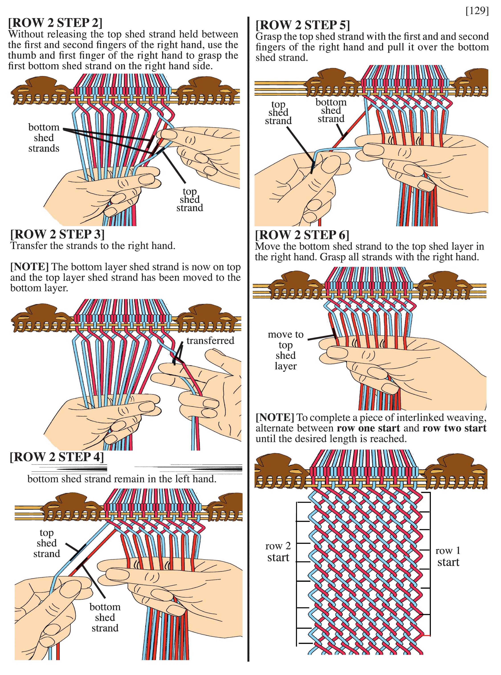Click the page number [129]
pyautogui.click(x=477, y=11)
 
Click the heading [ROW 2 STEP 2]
pyautogui.click(x=55, y=23)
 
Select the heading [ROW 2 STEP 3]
pyautogui.click(x=57, y=234)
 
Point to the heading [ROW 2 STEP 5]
pyautogui.click(x=303, y=25)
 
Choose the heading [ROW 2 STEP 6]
pyautogui.click(x=302, y=235)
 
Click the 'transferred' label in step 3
pyautogui.click(x=210, y=341)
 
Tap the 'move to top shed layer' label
pyautogui.click(x=285, y=350)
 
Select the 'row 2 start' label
pyautogui.click(x=278, y=552)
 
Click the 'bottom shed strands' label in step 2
pyautogui.click(x=44, y=138)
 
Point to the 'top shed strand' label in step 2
pyautogui.click(x=189, y=200)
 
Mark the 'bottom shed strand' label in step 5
pyautogui.click(x=331, y=110)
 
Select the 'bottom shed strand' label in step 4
pyautogui.click(x=105, y=617)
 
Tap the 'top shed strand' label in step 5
pyautogui.click(x=278, y=112)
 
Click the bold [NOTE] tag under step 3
pyautogui.click(x=29, y=267)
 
